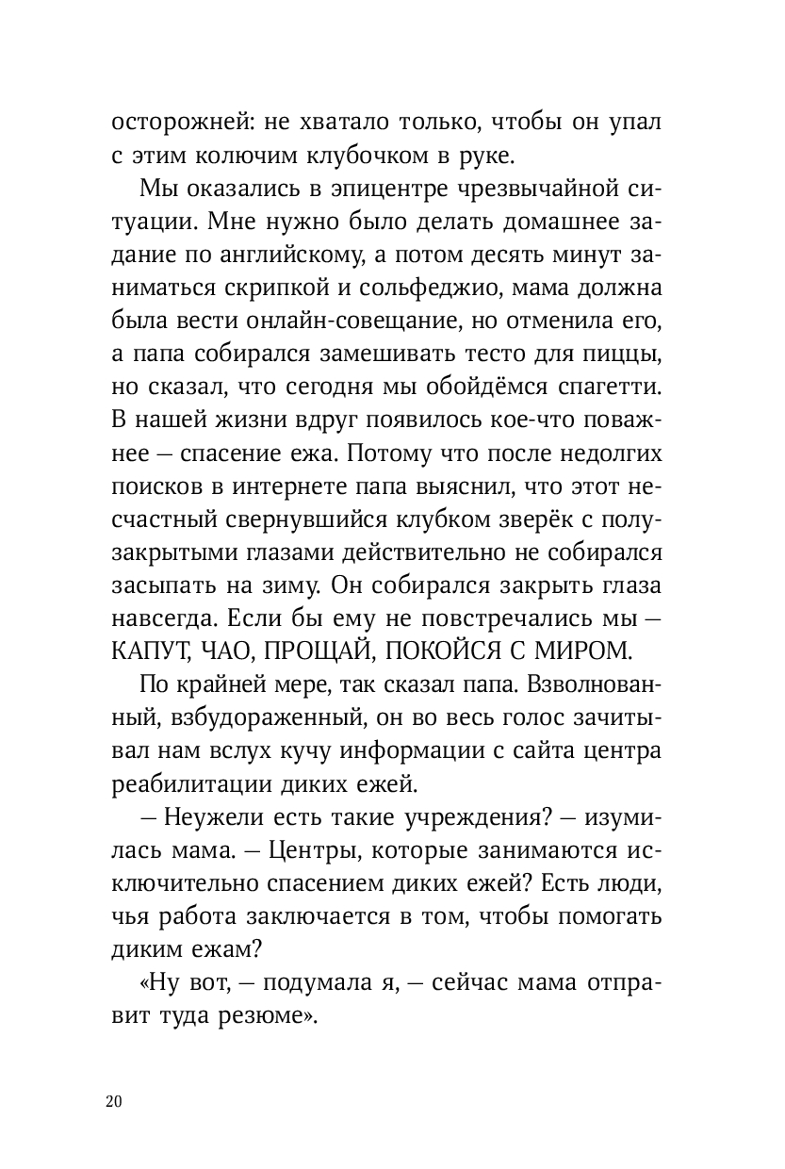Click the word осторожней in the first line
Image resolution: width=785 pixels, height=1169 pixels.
173,123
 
